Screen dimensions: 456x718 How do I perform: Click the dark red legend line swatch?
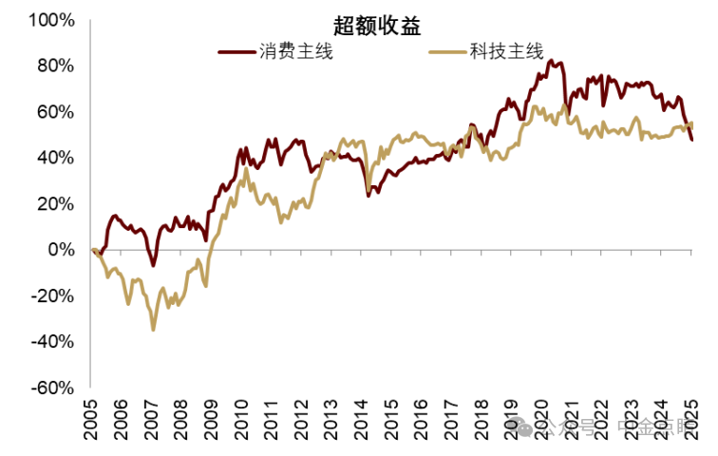click(x=236, y=52)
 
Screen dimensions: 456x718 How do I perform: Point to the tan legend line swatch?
click(x=447, y=52)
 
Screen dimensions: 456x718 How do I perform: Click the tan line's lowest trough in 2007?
click(x=153, y=329)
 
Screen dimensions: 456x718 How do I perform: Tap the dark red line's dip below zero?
click(x=154, y=265)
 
